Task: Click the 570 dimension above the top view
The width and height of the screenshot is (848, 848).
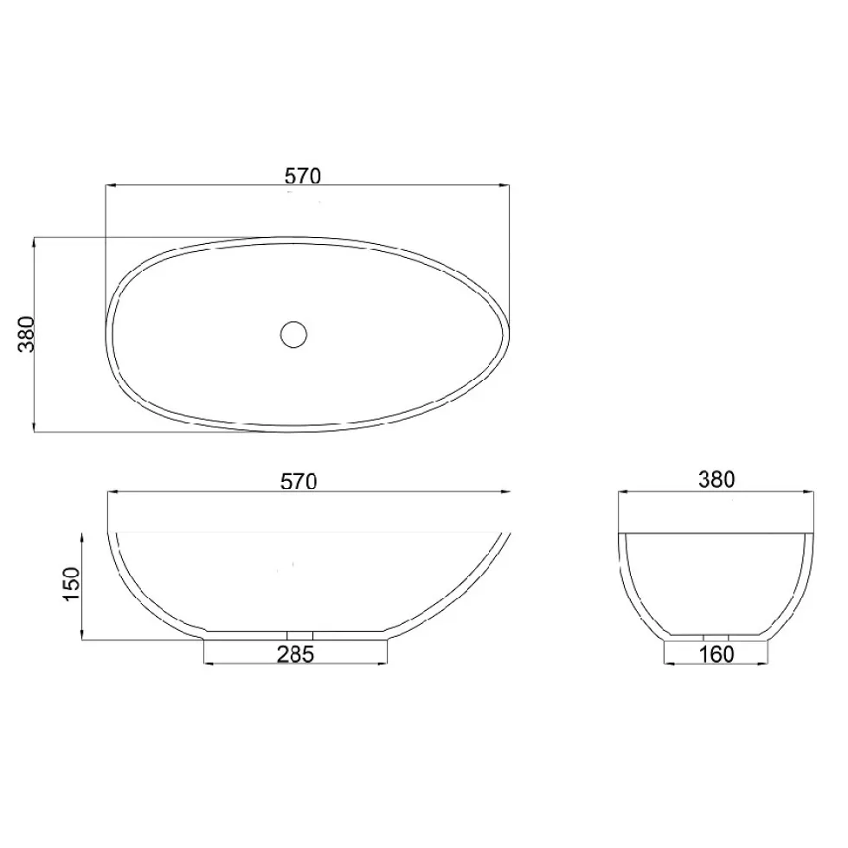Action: (303, 177)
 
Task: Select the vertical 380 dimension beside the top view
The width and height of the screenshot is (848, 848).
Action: (27, 334)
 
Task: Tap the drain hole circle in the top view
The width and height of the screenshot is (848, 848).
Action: (293, 334)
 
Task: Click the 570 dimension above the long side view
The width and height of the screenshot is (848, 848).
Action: (299, 481)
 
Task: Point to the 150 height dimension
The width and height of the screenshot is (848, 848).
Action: (72, 584)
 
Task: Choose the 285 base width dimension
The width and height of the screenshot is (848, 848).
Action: (295, 655)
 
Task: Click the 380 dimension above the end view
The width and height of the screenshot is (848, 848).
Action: (716, 479)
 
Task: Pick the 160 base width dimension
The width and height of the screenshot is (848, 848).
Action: (716, 655)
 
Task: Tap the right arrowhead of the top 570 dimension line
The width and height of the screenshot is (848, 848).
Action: (504, 185)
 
